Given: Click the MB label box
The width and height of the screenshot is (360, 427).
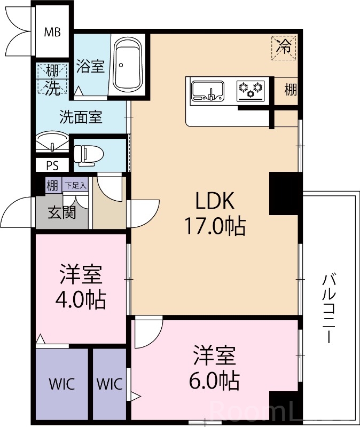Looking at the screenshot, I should point(52,31).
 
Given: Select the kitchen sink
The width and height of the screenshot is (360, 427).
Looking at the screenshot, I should point(209,91).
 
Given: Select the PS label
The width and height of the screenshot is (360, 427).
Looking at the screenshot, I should point(52,165).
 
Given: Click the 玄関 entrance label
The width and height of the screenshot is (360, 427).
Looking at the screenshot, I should point(61,212).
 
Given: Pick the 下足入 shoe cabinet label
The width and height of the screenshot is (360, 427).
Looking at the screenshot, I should point(75,185).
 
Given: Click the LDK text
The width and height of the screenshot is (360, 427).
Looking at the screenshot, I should point(214,201).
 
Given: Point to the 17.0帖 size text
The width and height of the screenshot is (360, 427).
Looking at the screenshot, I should point(214,226).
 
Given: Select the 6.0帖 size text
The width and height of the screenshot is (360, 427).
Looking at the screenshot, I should point(214,381).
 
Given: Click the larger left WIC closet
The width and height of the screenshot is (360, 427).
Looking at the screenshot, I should point(61,384).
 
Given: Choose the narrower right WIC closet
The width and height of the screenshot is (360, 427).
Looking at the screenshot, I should point(109,384).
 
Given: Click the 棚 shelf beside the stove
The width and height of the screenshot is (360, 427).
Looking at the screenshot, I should point(290,90).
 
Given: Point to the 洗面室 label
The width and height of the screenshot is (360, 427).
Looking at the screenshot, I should point(80,117).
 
